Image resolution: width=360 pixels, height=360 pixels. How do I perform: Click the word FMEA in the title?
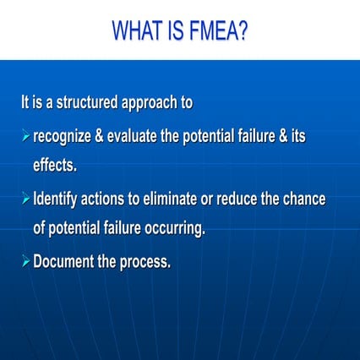215,31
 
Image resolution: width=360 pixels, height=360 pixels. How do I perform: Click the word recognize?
66,138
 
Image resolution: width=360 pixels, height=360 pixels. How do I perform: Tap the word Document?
63,261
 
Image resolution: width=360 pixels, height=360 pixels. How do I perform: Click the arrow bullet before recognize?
25,138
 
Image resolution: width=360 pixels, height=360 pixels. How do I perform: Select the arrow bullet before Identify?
25,200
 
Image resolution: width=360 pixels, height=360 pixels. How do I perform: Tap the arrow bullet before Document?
25,261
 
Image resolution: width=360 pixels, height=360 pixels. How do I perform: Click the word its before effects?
297,138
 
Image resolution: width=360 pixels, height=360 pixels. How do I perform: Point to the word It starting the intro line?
26,104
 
